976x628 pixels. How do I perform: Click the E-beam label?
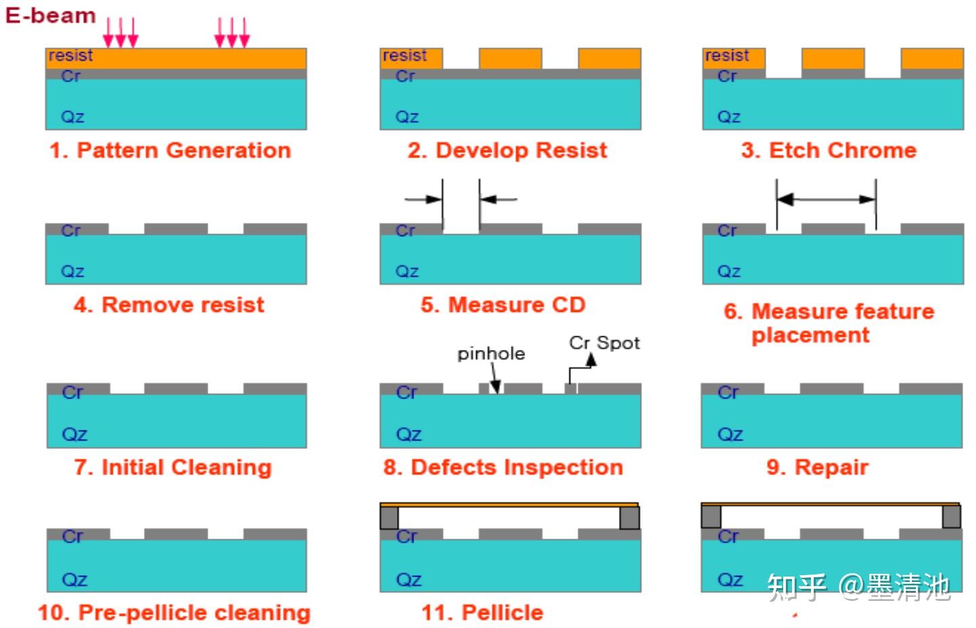(x=51, y=16)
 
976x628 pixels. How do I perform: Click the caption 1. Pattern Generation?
(x=170, y=150)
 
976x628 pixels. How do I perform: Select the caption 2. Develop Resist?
(x=507, y=150)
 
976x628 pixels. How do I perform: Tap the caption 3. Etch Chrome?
(x=829, y=150)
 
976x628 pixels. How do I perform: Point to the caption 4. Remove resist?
(x=169, y=305)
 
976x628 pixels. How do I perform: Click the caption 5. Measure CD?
(x=503, y=305)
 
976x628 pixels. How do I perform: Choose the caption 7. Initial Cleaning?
(x=173, y=467)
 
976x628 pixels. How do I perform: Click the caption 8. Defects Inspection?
(x=503, y=467)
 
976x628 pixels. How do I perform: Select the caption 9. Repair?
(x=818, y=467)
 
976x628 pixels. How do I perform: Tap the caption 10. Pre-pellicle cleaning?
(x=175, y=612)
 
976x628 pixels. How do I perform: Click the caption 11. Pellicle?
(x=483, y=612)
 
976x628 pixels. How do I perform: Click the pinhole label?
(x=491, y=354)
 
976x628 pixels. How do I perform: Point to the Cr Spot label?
(x=605, y=343)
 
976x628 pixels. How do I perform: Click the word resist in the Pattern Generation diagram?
(x=70, y=55)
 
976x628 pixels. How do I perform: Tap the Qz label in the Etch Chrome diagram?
(x=729, y=117)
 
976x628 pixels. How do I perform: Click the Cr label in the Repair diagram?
(x=728, y=392)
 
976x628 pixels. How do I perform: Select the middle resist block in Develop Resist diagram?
(x=511, y=58)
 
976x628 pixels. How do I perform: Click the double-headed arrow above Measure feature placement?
(x=827, y=200)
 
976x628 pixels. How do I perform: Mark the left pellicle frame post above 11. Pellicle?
(x=389, y=518)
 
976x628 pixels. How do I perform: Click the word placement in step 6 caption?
(x=810, y=336)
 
